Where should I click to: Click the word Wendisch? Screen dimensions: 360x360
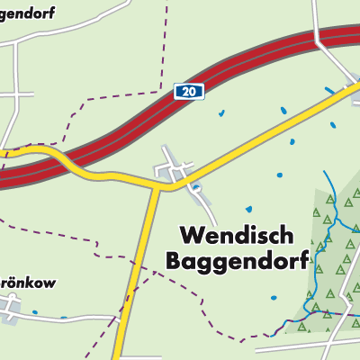click(x=237, y=236)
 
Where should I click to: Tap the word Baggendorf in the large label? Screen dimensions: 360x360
click(x=237, y=262)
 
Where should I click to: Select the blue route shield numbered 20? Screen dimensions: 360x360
click(x=186, y=91)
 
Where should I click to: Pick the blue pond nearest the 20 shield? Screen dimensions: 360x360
click(x=220, y=113)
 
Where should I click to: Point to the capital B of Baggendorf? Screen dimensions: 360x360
click(x=175, y=262)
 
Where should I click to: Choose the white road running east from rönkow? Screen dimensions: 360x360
click(x=72, y=318)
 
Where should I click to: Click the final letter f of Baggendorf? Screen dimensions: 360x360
click(x=303, y=261)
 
